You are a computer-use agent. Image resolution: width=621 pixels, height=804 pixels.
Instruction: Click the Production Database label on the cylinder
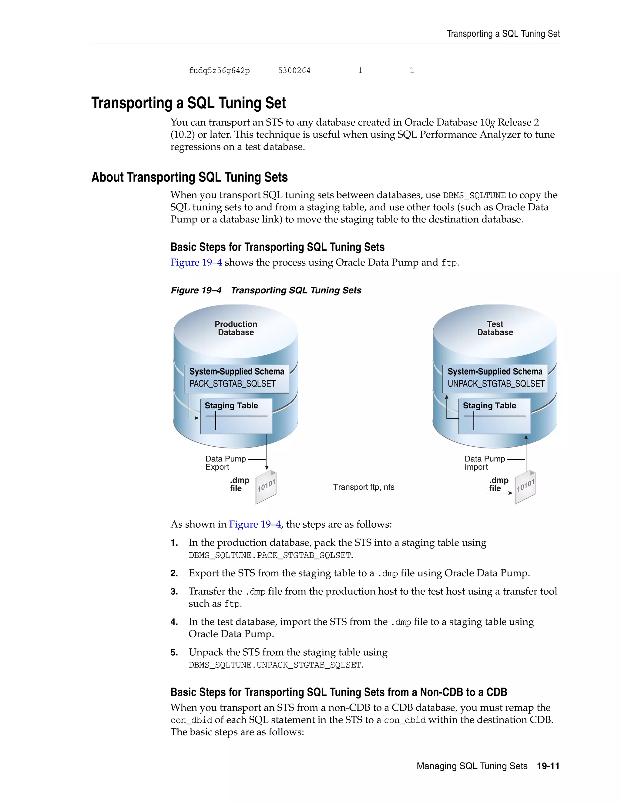coord(236,328)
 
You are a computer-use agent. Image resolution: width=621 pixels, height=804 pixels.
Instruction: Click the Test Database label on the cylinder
coord(495,328)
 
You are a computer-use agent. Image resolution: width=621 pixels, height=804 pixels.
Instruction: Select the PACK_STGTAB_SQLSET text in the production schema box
coord(233,383)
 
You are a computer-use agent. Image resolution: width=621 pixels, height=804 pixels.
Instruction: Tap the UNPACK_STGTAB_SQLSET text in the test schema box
coord(495,383)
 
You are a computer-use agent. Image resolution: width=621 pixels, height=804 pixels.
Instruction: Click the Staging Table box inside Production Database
coord(236,416)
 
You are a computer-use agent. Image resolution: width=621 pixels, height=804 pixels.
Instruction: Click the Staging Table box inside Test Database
coord(494,416)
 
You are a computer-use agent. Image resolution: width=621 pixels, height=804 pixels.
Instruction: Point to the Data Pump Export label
coord(225,463)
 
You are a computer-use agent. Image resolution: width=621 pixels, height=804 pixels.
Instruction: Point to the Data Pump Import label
coord(484,463)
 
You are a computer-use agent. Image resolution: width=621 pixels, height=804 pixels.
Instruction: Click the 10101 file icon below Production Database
coord(266,487)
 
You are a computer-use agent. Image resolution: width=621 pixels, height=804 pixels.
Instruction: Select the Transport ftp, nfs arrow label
coord(364,487)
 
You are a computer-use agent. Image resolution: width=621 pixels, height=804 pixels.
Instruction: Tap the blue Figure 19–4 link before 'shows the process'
coord(196,262)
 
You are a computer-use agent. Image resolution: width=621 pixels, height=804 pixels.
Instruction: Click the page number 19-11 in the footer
coord(548,766)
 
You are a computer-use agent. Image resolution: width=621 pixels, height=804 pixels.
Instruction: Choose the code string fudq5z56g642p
coord(219,70)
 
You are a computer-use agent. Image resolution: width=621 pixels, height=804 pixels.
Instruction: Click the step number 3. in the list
coord(174,592)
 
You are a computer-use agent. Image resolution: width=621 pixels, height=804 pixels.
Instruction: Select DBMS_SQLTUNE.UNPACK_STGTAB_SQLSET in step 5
coord(276,665)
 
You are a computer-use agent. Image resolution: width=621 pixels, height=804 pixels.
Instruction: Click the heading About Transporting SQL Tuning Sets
coord(190,177)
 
